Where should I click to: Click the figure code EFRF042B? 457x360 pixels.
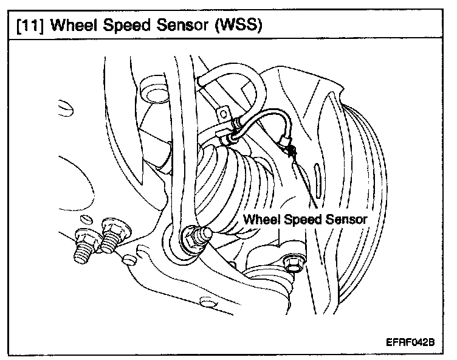tap(410, 342)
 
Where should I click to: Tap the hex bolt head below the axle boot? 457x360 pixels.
tap(292, 263)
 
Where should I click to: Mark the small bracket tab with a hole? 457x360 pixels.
tap(224, 114)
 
